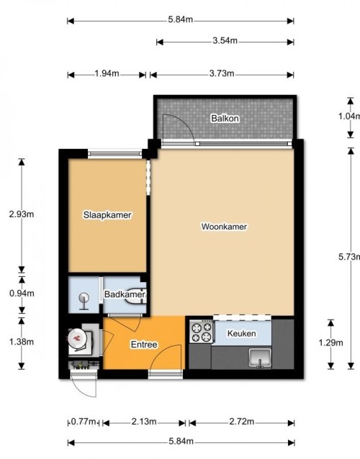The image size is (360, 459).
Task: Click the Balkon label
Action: point(225,119)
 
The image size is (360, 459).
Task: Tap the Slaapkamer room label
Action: point(107,215)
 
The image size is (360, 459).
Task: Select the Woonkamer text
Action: point(224,227)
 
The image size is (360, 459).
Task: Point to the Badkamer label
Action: point(125,294)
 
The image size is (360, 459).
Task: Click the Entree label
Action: point(144,345)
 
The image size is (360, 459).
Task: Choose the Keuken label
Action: point(242,333)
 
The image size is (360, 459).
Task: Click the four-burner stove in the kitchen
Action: point(201,332)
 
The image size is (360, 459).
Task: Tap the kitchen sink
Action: point(260,358)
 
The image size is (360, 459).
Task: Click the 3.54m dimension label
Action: point(225,40)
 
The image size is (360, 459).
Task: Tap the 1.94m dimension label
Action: point(107,73)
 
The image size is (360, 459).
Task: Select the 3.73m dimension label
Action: point(222,73)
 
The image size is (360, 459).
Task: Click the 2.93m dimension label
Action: point(22,214)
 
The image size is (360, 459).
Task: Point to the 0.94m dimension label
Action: point(22,293)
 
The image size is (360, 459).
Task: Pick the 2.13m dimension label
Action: point(144,422)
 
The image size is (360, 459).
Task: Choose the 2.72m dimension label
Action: point(242,422)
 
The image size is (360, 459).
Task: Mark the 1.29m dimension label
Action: point(330,342)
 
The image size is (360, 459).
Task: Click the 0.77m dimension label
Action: point(84,422)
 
